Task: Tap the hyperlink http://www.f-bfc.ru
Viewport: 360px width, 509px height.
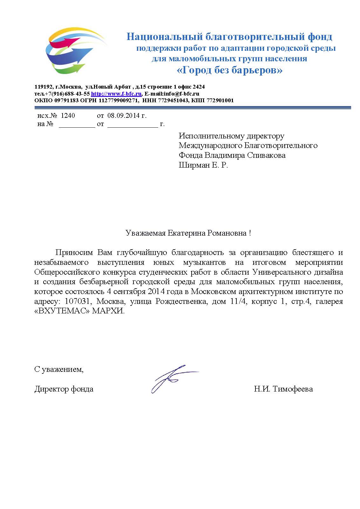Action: pyautogui.click(x=116, y=94)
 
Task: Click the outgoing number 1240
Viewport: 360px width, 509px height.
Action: pyautogui.click(x=68, y=116)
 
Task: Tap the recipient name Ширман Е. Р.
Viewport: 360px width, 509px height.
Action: pyautogui.click(x=203, y=165)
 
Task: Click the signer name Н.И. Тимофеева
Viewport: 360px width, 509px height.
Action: pyautogui.click(x=283, y=389)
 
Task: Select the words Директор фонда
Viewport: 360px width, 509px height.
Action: pyautogui.click(x=64, y=389)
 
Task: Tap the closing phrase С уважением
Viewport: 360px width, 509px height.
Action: pyautogui.click(x=59, y=369)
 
